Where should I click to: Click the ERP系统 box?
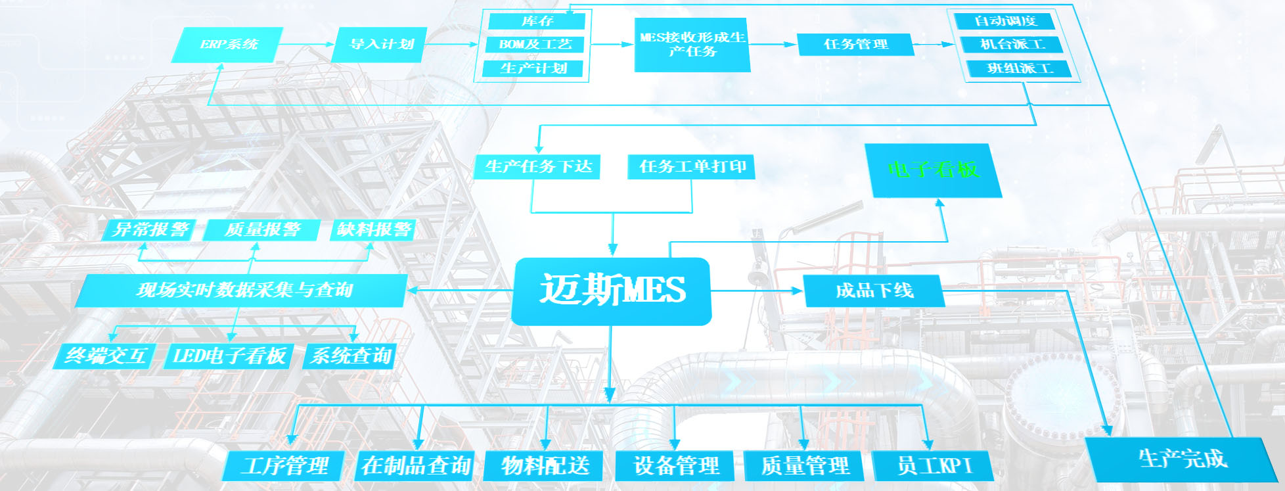click(x=227, y=45)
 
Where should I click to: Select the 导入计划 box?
click(x=380, y=45)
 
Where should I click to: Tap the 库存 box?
click(x=537, y=21)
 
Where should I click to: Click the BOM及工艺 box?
click(x=535, y=45)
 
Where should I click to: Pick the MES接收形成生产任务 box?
click(x=692, y=45)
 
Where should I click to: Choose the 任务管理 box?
click(x=855, y=45)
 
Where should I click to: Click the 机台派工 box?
click(x=1012, y=45)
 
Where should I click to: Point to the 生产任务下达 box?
click(x=538, y=167)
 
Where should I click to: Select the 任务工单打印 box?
click(x=692, y=167)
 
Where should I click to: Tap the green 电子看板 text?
click(x=934, y=170)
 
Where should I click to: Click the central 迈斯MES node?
click(x=612, y=291)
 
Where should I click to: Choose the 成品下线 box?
click(x=874, y=291)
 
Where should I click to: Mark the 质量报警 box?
click(x=262, y=230)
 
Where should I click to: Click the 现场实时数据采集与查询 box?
click(x=243, y=291)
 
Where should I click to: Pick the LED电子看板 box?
click(x=229, y=356)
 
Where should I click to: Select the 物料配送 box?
click(x=545, y=466)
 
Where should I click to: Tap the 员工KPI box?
click(x=934, y=466)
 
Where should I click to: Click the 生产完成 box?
click(x=1182, y=459)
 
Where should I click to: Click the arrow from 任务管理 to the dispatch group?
click(x=934, y=45)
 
